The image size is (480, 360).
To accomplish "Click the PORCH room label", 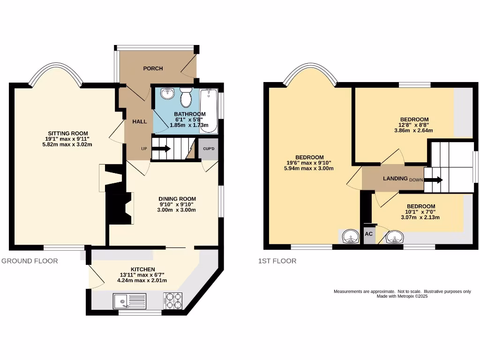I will [153, 68].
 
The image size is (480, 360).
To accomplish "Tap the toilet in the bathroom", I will [186, 97].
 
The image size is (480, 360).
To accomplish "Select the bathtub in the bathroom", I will [209, 110].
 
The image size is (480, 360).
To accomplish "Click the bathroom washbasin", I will [166, 94].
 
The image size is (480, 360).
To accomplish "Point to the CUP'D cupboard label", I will [208, 149].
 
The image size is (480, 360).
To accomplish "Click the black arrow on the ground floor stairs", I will [161, 149].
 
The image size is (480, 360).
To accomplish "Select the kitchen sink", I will [129, 301].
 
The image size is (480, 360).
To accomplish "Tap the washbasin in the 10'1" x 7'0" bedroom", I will [395, 237].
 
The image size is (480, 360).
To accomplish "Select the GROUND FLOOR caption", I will [30, 261].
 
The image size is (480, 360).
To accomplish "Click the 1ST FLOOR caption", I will [277, 261].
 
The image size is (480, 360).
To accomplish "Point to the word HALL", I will [140, 121].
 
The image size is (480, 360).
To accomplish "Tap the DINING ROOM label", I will [177, 199].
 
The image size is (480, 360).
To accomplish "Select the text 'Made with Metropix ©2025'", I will [402, 296].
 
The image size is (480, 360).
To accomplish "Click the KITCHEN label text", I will [142, 269].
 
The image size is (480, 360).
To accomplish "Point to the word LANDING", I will [395, 179].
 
